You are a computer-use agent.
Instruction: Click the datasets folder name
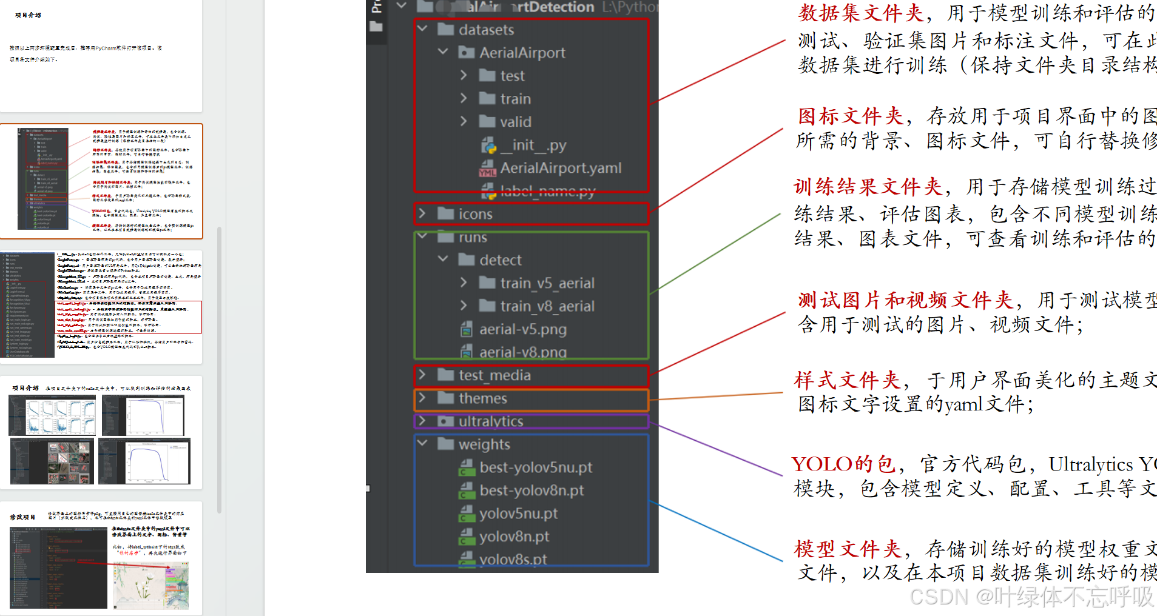pos(486,30)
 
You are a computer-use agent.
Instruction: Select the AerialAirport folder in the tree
pos(522,53)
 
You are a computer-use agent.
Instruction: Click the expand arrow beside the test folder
pos(464,75)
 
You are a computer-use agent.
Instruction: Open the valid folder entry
pos(515,122)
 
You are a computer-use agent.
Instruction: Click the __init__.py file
pos(533,145)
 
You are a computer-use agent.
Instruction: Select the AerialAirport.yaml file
pos(560,168)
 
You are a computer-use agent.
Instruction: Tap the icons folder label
pos(475,214)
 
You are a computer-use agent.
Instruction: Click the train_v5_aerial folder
pos(547,283)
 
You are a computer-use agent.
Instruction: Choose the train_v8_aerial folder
pos(547,306)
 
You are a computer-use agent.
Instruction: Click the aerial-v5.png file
pos(522,329)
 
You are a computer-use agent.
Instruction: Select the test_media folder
pos(494,375)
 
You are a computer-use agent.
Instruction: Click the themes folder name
pos(482,398)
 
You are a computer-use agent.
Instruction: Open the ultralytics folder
pos(490,421)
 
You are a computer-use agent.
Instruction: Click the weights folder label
pos(484,444)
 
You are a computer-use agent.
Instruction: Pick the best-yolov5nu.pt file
pos(535,467)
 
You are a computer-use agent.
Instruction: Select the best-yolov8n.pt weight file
pos(531,490)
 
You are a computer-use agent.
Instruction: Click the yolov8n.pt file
pos(514,537)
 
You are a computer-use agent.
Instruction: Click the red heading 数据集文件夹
pos(860,13)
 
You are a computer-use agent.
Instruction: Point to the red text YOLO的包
pos(843,464)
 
